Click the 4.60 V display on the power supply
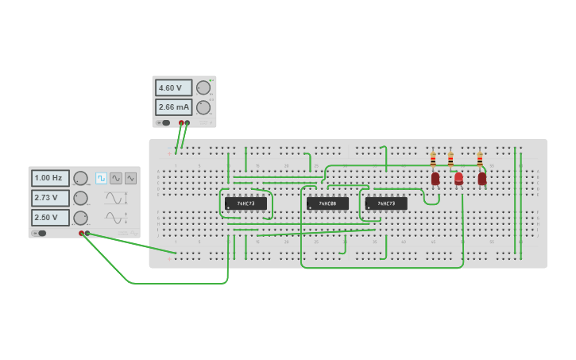click(173, 88)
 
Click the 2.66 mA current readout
click(173, 107)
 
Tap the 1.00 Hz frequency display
click(50, 178)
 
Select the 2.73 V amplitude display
click(50, 198)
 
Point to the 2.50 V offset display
click(50, 218)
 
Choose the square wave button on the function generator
click(102, 178)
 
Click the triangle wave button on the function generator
click(130, 178)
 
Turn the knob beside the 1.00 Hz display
click(80, 178)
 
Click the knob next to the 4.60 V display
click(203, 88)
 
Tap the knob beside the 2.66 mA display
click(203, 107)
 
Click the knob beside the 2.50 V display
click(80, 218)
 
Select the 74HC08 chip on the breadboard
click(327, 203)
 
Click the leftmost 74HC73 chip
click(245, 203)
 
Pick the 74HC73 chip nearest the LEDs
click(386, 203)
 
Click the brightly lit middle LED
click(458, 179)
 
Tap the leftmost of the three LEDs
click(435, 179)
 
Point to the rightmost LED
click(482, 179)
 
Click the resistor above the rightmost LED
click(480, 160)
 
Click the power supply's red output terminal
click(181, 123)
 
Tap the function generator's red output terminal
click(81, 234)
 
